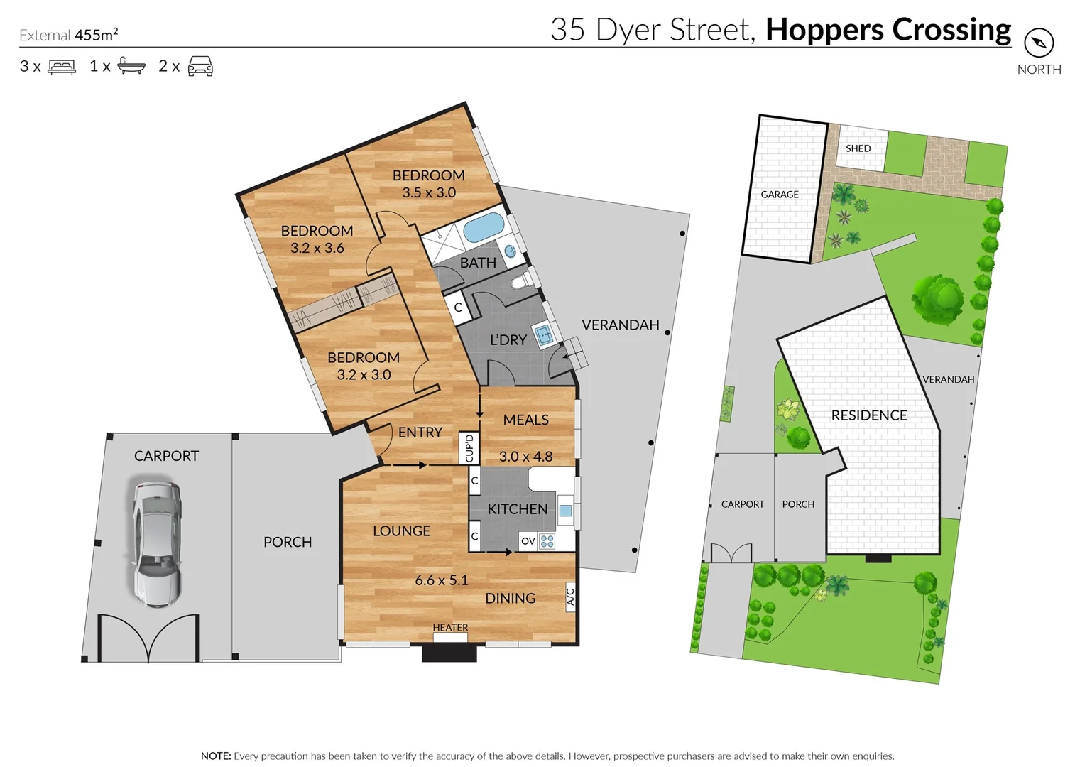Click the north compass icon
1038,43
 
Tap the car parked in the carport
156,544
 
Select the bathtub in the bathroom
484,228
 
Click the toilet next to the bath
522,282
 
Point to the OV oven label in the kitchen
528,541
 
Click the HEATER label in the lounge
450,627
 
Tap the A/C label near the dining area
570,597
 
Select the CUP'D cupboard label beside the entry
469,448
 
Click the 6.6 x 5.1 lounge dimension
441,580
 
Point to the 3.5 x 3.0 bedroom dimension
428,192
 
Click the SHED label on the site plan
858,148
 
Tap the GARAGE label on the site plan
779,195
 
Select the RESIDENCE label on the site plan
868,415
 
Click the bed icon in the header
62,67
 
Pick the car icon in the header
200,66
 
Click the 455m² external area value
96,35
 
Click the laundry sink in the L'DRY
543,334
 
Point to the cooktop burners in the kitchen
547,542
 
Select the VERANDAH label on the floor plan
620,325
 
